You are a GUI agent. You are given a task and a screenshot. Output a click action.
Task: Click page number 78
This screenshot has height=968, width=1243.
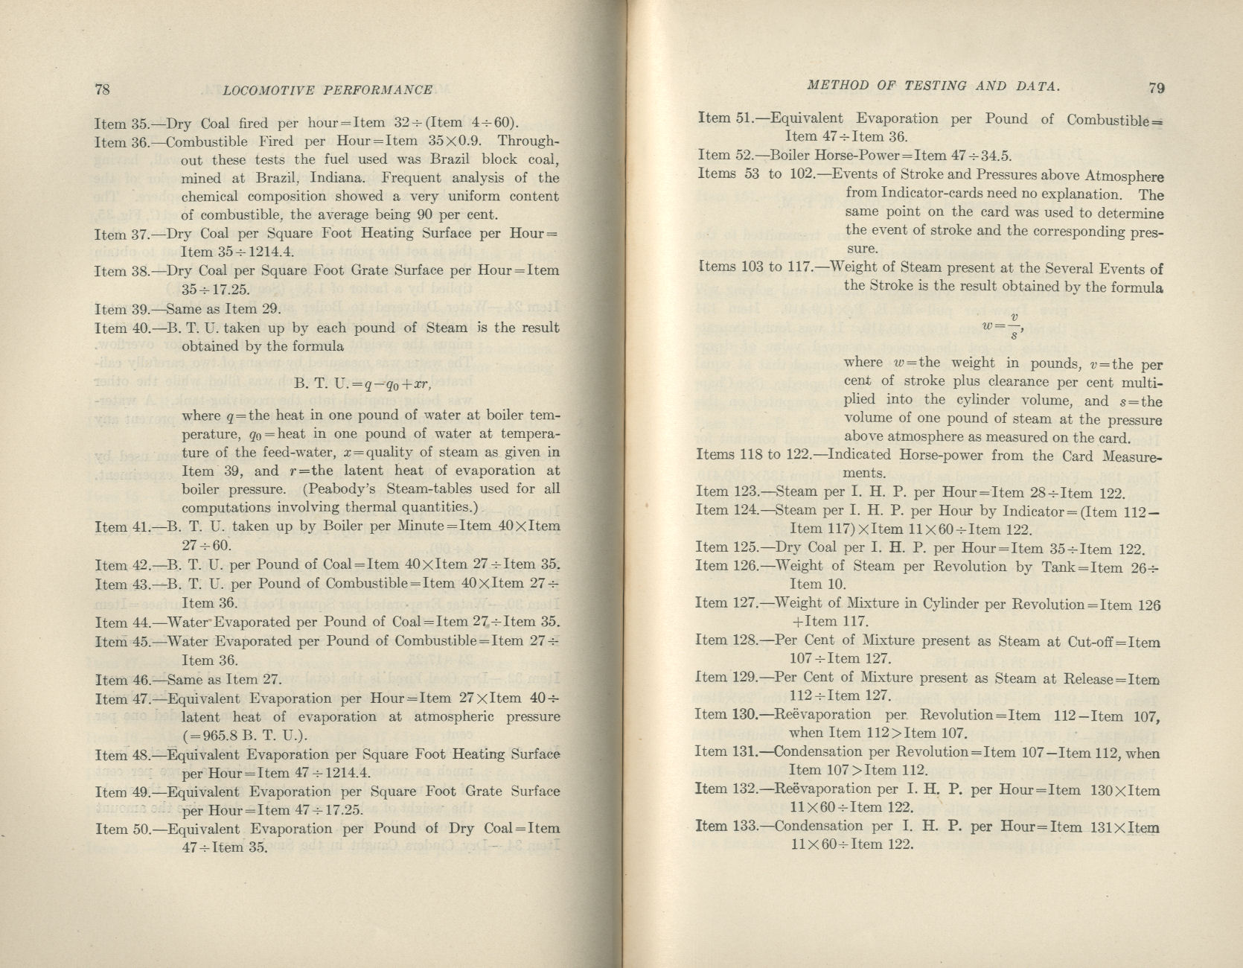(103, 89)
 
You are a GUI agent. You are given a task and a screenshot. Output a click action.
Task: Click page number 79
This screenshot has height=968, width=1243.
(1156, 87)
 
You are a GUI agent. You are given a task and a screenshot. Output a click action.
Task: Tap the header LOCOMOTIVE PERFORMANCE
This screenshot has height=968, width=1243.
(327, 90)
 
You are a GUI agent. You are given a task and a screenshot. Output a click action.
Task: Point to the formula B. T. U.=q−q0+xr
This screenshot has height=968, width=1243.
(362, 384)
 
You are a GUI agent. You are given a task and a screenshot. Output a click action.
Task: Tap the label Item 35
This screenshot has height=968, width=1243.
(120, 124)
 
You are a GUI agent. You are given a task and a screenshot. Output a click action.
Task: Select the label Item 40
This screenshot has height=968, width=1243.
(120, 328)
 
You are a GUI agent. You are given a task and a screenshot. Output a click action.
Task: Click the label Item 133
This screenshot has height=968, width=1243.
(725, 826)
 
